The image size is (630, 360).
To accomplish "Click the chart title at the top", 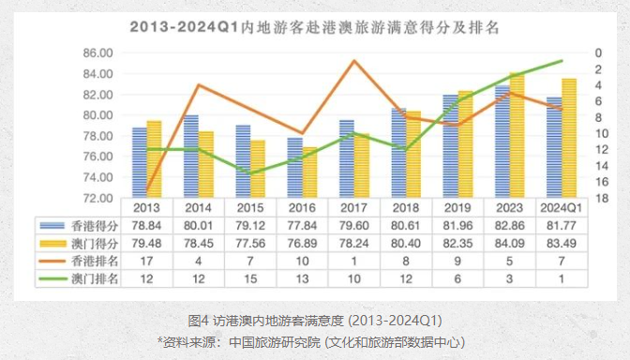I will tap(315, 26).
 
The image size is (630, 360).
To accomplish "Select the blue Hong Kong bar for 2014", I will tap(190, 157).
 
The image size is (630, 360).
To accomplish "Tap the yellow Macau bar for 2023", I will tap(517, 136).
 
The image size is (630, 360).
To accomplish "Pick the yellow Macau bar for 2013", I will tap(154, 159).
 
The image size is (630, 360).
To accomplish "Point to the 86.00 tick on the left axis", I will tap(100, 52).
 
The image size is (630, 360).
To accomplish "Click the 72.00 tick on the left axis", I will tap(100, 198).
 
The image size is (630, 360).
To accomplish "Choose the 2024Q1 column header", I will tap(561, 208).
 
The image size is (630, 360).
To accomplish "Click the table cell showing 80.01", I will tap(198, 226).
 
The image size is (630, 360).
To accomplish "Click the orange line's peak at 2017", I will tap(352, 61).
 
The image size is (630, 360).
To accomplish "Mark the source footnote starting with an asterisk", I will tap(314, 341).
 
